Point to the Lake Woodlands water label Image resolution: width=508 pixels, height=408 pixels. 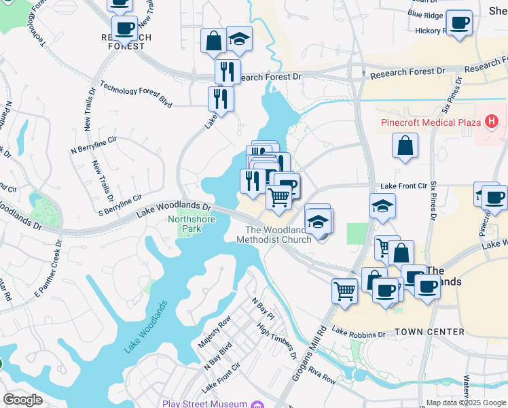145,327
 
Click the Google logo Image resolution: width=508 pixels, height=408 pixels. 22,399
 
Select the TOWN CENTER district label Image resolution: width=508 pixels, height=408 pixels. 430,332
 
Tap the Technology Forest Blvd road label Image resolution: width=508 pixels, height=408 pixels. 136,95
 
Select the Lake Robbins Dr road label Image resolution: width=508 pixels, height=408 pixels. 359,334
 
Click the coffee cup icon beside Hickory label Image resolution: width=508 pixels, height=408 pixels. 458,23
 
